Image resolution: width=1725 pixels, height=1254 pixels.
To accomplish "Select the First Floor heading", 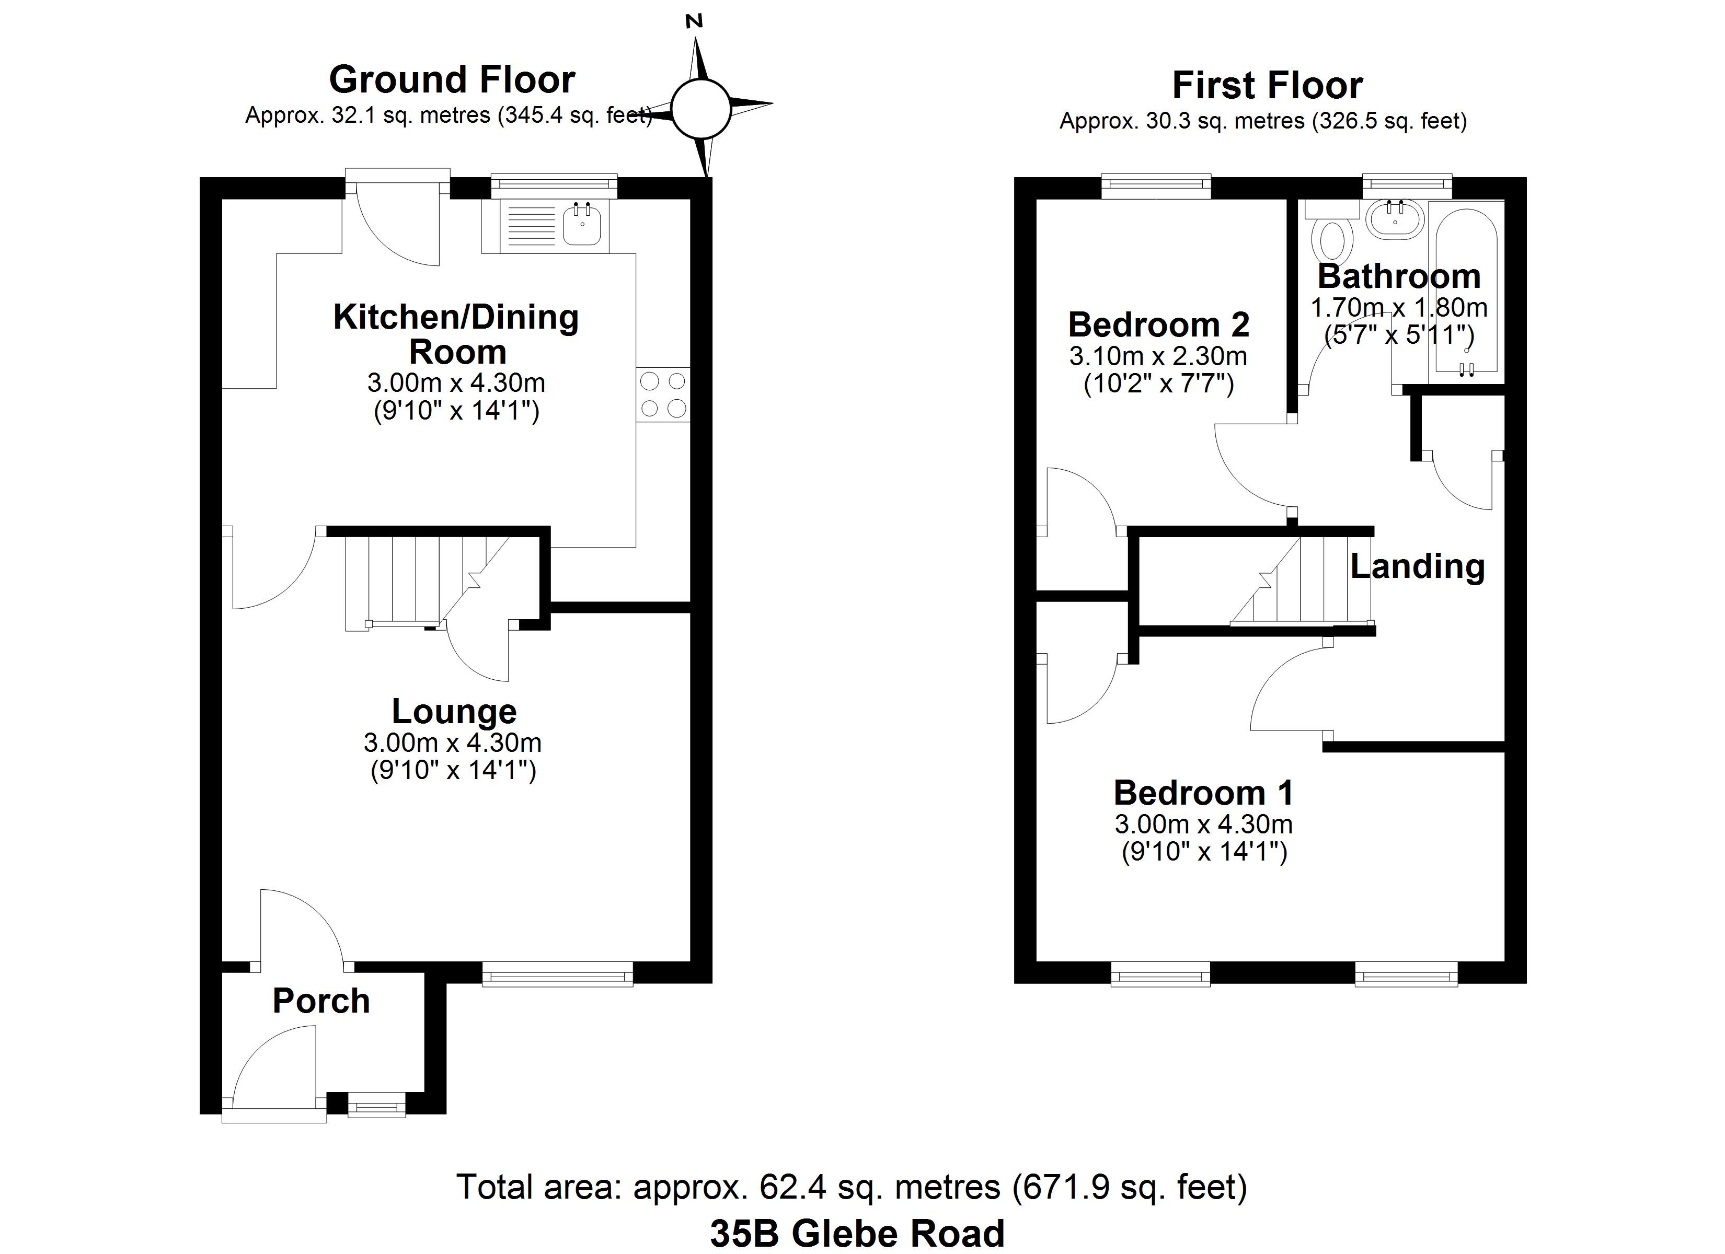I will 1267,85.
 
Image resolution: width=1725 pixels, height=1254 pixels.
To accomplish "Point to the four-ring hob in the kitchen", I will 662,394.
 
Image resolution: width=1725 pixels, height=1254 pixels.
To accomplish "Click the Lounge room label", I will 454,711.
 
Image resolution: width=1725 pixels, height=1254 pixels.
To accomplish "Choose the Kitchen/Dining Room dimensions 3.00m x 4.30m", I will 456,382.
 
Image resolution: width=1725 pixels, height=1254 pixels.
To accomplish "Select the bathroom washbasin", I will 1395,220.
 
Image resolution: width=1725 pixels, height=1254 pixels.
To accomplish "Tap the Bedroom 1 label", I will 1203,793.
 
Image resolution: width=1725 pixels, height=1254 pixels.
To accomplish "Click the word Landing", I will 1418,566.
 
